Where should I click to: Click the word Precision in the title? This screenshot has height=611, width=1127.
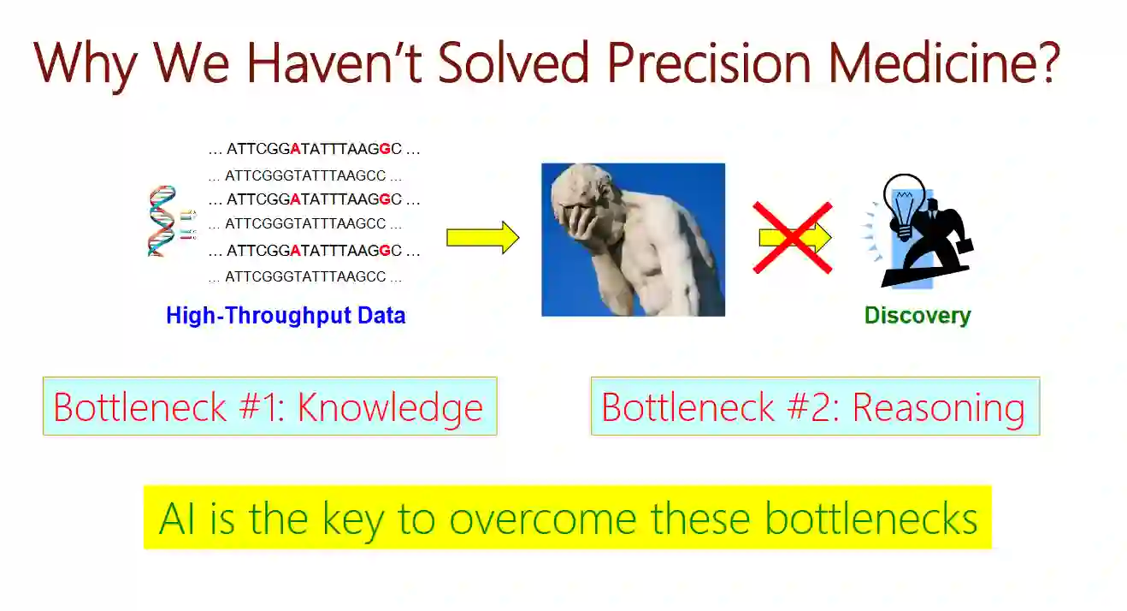point(709,63)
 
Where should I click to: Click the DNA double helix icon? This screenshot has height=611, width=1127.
point(162,221)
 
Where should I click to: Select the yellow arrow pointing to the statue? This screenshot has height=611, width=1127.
point(483,237)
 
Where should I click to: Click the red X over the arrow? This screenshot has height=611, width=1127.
point(793,238)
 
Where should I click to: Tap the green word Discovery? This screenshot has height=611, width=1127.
point(918,315)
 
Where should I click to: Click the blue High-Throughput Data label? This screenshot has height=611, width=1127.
point(286,315)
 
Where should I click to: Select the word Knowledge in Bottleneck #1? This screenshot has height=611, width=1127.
point(390,408)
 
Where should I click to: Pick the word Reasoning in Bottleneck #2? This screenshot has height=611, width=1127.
point(938,408)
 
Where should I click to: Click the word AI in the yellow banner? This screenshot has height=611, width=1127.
point(177,519)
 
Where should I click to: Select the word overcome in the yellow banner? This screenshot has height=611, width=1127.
point(543,519)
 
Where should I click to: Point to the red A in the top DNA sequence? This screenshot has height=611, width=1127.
point(295,149)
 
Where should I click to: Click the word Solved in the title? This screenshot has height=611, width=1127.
point(513,63)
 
